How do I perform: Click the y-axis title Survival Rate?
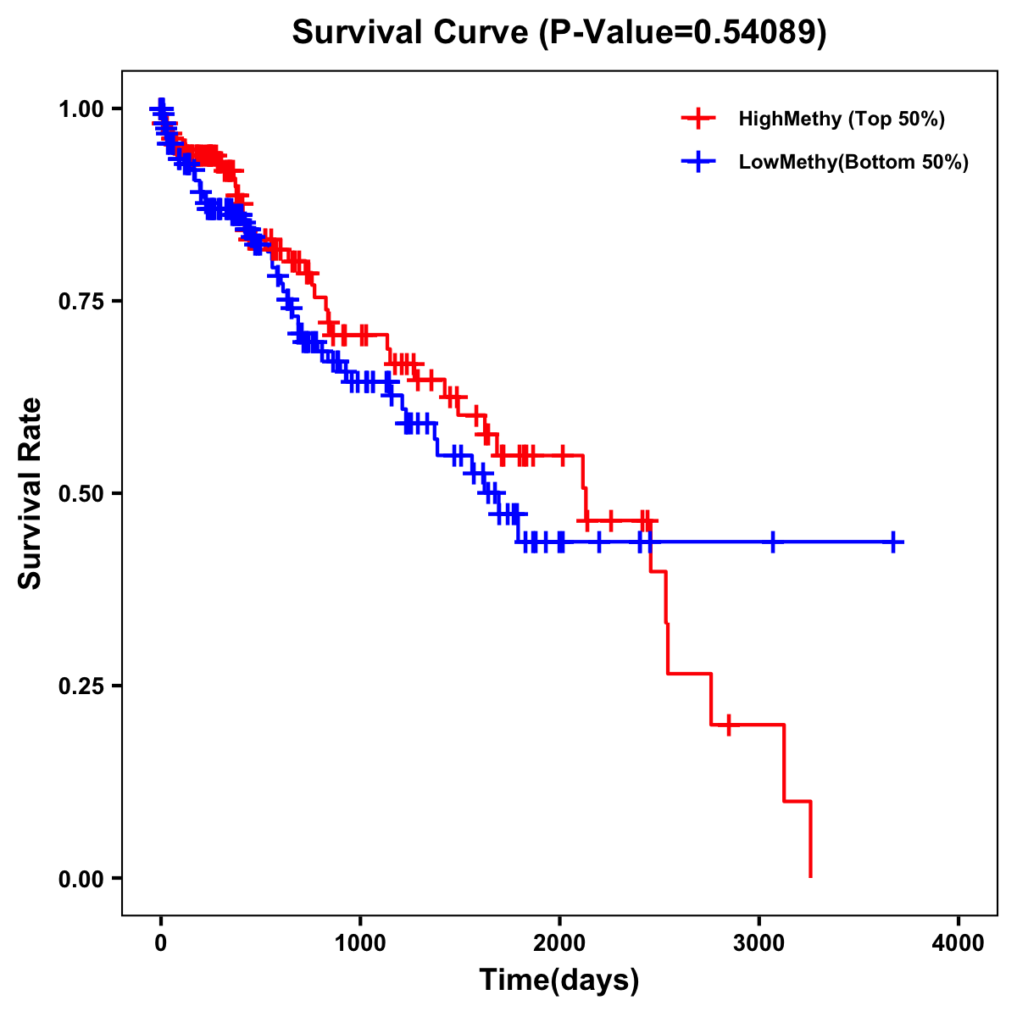pyautogui.click(x=31, y=492)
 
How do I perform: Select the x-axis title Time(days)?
pyautogui.click(x=559, y=980)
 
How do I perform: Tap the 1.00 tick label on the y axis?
pyautogui.click(x=81, y=108)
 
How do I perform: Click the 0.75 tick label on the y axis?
pyautogui.click(x=81, y=301)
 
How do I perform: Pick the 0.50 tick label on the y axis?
pyautogui.click(x=81, y=493)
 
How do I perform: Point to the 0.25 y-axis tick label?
pyautogui.click(x=81, y=686)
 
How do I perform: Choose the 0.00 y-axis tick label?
pyautogui.click(x=81, y=878)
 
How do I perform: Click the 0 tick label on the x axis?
pyautogui.click(x=161, y=943)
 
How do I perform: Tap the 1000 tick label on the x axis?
pyautogui.click(x=360, y=943)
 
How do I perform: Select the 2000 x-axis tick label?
pyautogui.click(x=559, y=943)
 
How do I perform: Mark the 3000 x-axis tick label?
pyautogui.click(x=759, y=943)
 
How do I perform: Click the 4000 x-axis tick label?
pyautogui.click(x=959, y=943)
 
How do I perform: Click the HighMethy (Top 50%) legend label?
pyautogui.click(x=842, y=119)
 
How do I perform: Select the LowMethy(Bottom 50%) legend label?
pyautogui.click(x=853, y=162)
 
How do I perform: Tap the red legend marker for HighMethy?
pyautogui.click(x=698, y=119)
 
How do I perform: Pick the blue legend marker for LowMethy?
pyautogui.click(x=698, y=162)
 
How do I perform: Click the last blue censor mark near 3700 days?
pyautogui.click(x=893, y=542)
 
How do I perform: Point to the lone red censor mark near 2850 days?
pyautogui.click(x=728, y=725)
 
